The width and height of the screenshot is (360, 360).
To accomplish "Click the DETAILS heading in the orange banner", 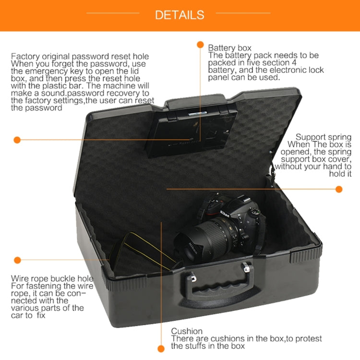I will point(180,15).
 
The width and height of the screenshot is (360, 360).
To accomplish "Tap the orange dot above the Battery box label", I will point(200,45).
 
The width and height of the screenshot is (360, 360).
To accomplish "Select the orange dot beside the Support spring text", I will point(339,189).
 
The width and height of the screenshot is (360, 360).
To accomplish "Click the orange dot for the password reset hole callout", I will point(17,140).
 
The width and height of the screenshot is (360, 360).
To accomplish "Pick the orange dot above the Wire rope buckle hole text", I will point(17,260).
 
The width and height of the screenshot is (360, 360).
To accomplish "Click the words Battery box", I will point(229,48).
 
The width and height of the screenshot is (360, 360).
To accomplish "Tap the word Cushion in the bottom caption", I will point(187,331).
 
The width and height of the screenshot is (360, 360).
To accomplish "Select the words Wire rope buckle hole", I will point(52,279).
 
